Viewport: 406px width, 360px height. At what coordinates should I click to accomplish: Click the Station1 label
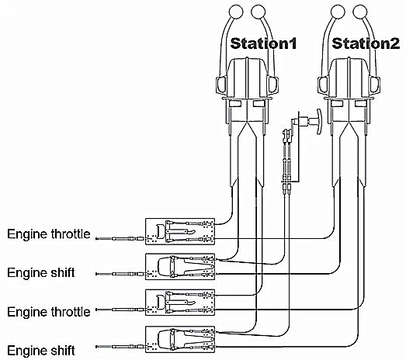[263, 43]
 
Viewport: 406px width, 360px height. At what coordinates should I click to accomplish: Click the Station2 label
[366, 43]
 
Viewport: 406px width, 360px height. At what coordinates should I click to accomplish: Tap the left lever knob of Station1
[236, 12]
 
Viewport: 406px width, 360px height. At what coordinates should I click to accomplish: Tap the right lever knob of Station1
[259, 12]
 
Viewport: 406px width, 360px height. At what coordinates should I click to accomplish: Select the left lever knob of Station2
[338, 12]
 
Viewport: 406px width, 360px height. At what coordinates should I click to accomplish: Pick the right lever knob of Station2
[360, 12]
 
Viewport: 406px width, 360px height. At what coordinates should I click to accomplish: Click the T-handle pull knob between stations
[319, 121]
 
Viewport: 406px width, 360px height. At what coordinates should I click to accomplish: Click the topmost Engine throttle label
[49, 234]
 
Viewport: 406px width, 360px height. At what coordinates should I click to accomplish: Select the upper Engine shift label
[41, 272]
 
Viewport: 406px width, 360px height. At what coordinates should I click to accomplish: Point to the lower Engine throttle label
[49, 312]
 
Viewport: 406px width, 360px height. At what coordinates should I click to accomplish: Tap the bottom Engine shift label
[41, 351]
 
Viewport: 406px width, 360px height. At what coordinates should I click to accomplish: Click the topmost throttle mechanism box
[180, 231]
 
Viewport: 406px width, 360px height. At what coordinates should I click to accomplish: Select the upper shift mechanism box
[180, 267]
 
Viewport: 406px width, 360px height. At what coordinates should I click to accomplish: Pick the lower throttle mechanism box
[180, 303]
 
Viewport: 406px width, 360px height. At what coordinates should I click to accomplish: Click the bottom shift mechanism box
[180, 339]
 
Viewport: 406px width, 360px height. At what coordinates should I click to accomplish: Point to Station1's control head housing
[248, 78]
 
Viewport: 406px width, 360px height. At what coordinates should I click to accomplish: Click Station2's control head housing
[349, 78]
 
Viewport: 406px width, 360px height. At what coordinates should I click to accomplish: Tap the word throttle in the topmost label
[71, 234]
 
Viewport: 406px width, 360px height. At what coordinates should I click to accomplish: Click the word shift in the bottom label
[61, 351]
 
